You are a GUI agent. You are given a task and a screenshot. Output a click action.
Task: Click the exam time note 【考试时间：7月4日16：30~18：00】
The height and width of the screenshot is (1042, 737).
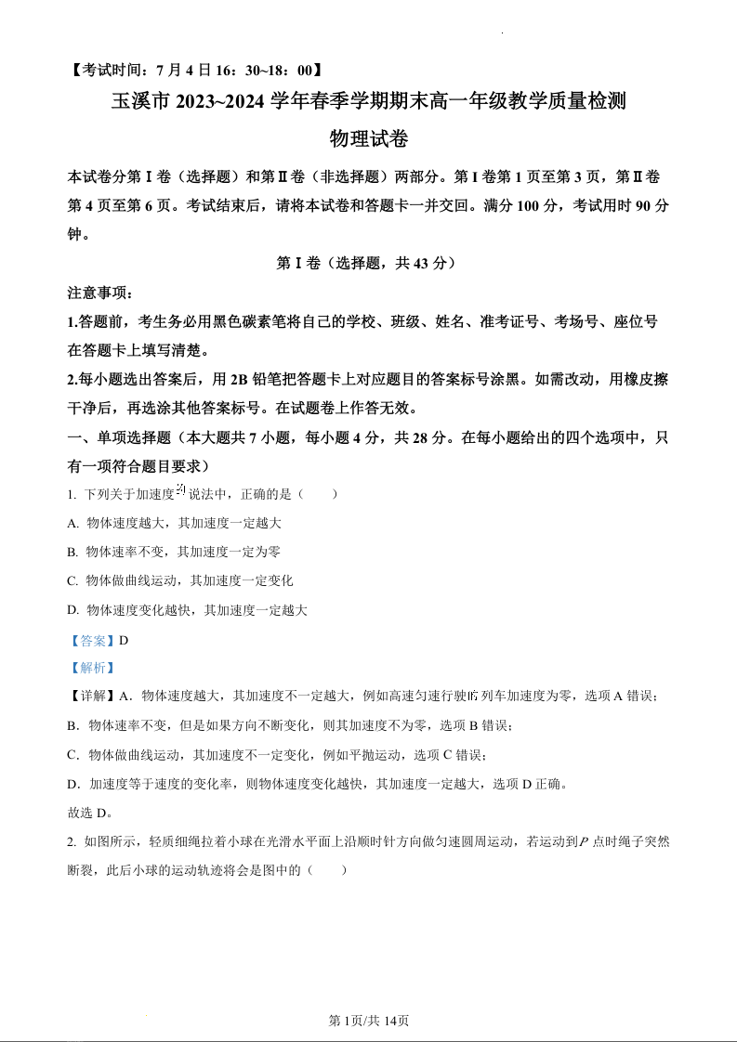pyautogui.click(x=196, y=70)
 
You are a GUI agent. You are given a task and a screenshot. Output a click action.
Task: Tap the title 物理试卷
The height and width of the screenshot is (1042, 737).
pyautogui.click(x=369, y=139)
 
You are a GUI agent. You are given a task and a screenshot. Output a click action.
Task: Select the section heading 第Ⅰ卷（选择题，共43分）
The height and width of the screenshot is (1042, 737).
pyautogui.click(x=368, y=263)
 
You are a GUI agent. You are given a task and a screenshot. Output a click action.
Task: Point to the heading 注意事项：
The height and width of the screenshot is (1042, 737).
pyautogui.click(x=101, y=293)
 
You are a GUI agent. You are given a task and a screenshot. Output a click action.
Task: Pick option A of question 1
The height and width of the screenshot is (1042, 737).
pyautogui.click(x=175, y=523)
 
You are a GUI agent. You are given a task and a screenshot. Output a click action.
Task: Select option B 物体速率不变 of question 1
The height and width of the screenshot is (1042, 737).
pyautogui.click(x=174, y=552)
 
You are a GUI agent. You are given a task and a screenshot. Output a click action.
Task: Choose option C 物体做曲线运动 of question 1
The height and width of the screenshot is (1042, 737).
pyautogui.click(x=180, y=580)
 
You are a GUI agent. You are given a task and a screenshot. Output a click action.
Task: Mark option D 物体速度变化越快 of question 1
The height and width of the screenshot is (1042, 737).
pyautogui.click(x=187, y=610)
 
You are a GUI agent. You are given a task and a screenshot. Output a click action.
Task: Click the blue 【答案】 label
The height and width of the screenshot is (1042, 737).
pyautogui.click(x=92, y=640)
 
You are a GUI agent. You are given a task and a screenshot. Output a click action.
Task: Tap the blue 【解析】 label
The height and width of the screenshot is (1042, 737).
pyautogui.click(x=92, y=668)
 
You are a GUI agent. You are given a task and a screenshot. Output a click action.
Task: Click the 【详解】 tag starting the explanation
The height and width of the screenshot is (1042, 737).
pyautogui.click(x=92, y=697)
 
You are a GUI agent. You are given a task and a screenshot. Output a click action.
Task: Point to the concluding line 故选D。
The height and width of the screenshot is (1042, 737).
pyautogui.click(x=90, y=813)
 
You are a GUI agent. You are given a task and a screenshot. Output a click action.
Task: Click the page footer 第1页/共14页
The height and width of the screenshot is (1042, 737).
pyautogui.click(x=369, y=1021)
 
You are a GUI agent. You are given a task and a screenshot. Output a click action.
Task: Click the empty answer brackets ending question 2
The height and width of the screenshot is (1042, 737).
pyautogui.click(x=329, y=870)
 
